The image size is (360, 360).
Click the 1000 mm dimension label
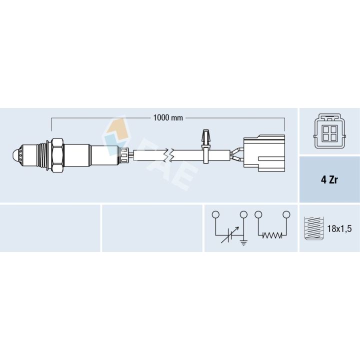[x=168, y=118]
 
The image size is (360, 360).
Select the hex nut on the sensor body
[x=57, y=155]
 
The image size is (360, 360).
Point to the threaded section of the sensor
[x=42, y=156]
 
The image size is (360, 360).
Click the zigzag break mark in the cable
[x=168, y=155]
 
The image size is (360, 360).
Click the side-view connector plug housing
[x=264, y=153]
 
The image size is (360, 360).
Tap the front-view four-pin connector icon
[x=329, y=131]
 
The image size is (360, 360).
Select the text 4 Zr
[x=329, y=179]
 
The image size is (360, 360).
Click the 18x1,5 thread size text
[x=339, y=228]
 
